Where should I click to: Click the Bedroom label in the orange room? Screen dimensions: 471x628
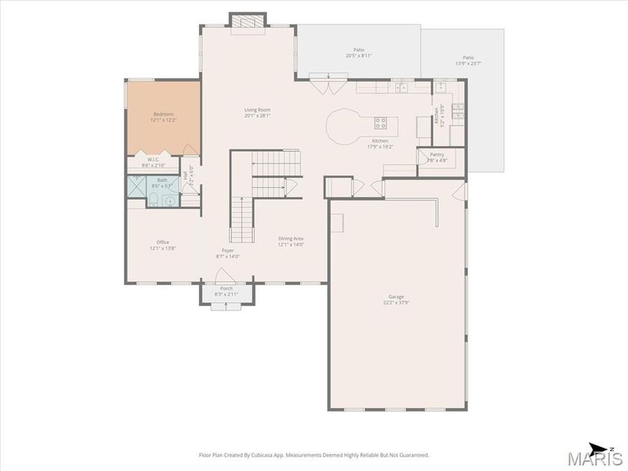[x=163, y=114]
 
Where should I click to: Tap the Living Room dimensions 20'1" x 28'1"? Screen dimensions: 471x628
[x=257, y=116]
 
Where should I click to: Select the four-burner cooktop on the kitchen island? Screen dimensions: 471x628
[x=380, y=123]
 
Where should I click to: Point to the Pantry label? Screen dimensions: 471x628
[x=437, y=154]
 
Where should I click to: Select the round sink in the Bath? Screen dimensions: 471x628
[x=169, y=200]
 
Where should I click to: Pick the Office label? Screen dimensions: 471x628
[x=163, y=242]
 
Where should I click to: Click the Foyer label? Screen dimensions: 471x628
[x=227, y=250]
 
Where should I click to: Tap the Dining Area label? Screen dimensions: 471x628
[x=291, y=238]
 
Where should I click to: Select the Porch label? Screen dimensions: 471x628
[x=226, y=288]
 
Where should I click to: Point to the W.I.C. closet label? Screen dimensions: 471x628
[x=153, y=160]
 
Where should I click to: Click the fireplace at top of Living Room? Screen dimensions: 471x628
[x=248, y=22]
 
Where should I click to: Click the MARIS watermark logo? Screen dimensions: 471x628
[x=594, y=459]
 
